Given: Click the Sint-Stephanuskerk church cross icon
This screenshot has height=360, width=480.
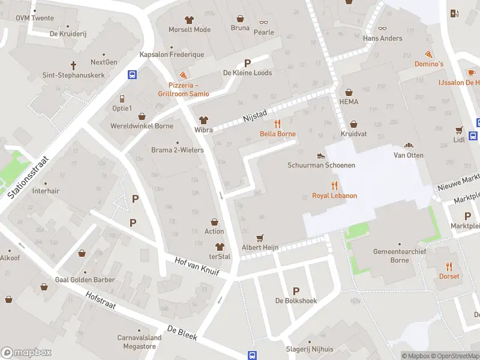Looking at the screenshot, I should pos(74,65).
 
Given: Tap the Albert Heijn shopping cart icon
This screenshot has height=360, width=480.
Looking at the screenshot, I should pos(260,238).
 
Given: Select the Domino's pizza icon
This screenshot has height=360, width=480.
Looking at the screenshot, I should pos(428,54).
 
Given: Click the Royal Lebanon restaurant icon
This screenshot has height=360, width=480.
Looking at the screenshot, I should pos(334,186).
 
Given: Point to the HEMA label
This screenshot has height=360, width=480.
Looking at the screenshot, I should pos(349,101).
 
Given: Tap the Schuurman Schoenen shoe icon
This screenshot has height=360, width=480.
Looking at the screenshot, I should pos(321,155).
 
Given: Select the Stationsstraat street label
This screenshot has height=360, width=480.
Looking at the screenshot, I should pos(28,172).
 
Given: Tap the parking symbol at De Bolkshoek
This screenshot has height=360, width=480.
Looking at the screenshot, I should pos(295,290).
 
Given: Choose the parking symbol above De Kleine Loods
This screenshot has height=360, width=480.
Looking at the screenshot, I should pos(247,63).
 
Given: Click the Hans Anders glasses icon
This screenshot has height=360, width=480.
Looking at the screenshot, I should pos(382,28).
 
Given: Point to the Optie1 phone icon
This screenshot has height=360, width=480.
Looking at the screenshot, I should pos(122,98).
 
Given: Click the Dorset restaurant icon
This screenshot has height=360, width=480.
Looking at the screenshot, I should pos(449,266).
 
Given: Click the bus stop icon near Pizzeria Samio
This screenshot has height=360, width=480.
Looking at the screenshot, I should pos(132,75).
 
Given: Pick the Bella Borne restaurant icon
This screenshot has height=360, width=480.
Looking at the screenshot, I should pos(277,124).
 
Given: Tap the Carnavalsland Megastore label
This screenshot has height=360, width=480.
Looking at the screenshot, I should pos(139,341).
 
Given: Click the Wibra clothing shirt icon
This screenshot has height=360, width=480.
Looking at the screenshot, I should pos(203,119).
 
